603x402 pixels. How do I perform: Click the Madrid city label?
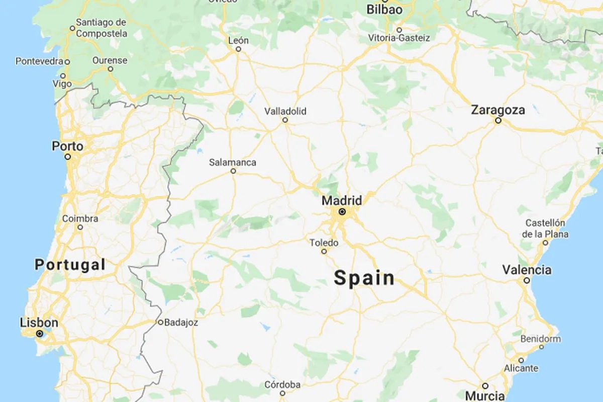pos(342,201)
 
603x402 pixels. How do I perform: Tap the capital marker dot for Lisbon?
pos(39,334)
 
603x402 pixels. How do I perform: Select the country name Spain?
pos(364,278)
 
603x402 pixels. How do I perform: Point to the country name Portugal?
pos(70,265)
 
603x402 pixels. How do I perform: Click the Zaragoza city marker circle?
pos(498,121)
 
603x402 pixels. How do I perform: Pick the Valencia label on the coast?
pos(527,270)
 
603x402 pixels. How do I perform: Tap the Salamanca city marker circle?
pos(233,171)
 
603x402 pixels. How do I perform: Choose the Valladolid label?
pos(285,111)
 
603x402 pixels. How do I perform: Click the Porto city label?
pos(67,146)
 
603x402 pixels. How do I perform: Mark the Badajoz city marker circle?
pos(160,323)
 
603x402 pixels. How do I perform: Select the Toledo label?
pos(324,243)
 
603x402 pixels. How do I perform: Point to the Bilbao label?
pos(384,10)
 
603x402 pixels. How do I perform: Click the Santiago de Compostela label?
pos(101,28)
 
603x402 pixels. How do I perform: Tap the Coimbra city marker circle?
pos(80,227)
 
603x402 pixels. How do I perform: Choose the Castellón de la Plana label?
pos(545,228)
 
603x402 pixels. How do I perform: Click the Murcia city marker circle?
pos(485,385)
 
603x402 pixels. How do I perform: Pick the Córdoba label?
pos(282,385)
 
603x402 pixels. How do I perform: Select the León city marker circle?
pos(239,49)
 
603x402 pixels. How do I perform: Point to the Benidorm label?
pos(541,339)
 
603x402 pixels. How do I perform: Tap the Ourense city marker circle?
pos(110,69)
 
